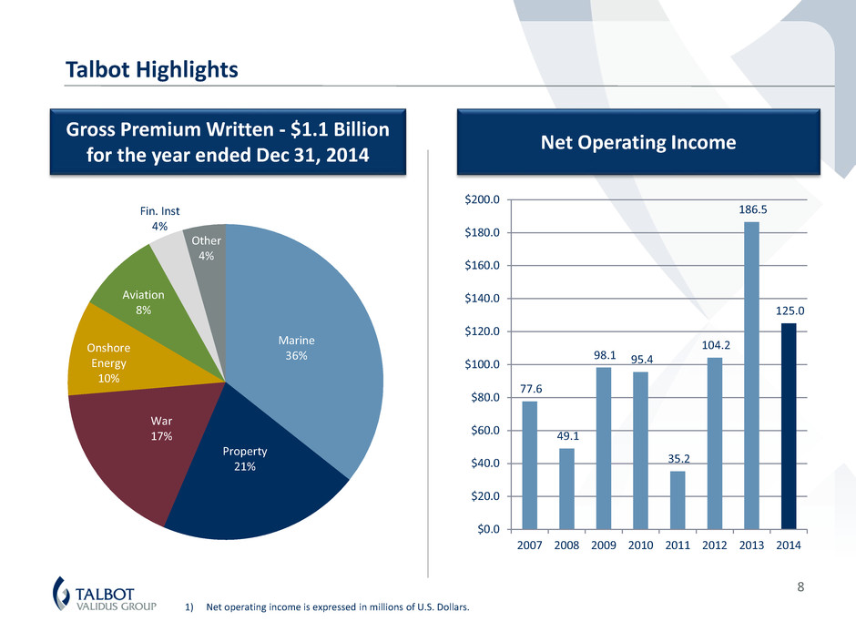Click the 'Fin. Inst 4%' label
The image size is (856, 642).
point(166,218)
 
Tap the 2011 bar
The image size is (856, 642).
point(678,500)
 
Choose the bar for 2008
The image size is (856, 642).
point(566,488)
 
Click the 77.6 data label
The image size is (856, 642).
point(530,389)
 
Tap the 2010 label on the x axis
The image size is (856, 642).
point(641,546)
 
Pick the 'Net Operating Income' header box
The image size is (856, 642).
point(639,142)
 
